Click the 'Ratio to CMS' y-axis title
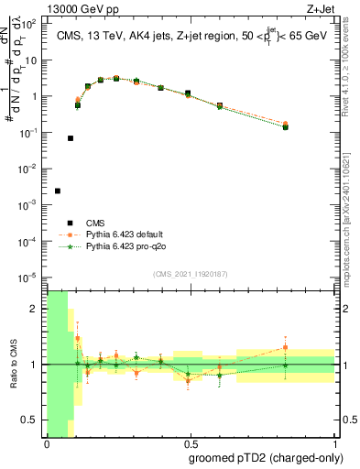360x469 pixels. coord(13,365)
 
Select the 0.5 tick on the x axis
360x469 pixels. coord(190,445)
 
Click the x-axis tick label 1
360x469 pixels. coord(333,445)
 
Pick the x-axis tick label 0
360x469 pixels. coord(47,445)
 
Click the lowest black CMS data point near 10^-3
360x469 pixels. coord(58,191)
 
